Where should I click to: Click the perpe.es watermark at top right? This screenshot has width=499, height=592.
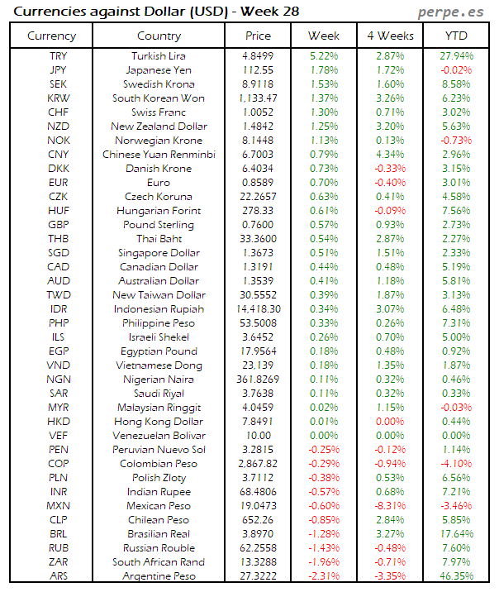450,12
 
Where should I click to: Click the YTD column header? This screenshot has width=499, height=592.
455,36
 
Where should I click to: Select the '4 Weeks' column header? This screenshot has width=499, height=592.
389,36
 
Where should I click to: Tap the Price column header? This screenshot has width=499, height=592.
259,36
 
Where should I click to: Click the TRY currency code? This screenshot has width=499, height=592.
59,55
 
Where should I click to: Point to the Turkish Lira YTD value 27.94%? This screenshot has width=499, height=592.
456,55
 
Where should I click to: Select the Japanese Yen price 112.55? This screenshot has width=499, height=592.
259,69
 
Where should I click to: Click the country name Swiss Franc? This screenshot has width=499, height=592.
159,112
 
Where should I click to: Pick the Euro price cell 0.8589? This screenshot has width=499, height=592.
259,183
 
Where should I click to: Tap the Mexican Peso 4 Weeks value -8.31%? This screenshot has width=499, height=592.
389,505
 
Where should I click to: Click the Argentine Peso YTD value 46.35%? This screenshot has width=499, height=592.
456,575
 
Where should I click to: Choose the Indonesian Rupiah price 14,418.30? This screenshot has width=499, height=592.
259,308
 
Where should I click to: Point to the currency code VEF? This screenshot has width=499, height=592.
59,435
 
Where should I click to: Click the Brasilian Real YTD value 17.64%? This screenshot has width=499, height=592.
456,533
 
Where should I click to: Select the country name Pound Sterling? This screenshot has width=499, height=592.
159,224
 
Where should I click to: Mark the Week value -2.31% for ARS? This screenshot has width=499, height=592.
323,575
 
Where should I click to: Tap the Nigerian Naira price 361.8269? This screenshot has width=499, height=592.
259,379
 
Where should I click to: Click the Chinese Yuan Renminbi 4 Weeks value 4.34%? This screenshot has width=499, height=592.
389,154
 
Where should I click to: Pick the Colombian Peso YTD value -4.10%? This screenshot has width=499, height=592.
456,463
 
